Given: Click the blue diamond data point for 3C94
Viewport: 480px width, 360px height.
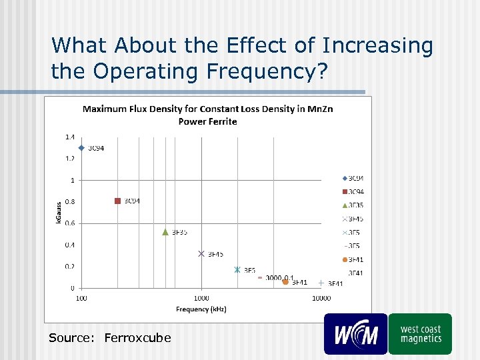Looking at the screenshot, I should coord(81,148).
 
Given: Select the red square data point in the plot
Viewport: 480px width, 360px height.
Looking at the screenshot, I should coord(117,201).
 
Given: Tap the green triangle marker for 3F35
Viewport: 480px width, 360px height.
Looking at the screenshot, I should coord(165,231).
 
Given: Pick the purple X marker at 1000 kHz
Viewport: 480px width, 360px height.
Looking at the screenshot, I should coord(201,253).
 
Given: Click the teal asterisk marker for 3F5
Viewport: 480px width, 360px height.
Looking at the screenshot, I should coord(237,269).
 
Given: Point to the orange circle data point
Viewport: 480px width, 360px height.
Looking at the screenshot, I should coord(285,282).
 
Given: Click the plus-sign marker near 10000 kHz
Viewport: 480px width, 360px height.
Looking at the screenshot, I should coord(321,283).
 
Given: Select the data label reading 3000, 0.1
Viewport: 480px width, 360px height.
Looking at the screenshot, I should coord(279,277).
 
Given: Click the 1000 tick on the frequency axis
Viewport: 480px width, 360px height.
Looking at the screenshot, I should coord(201,298).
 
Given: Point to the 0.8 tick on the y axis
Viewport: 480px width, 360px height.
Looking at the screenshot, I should coord(69,201).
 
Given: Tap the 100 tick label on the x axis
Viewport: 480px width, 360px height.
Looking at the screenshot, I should coord(81,298).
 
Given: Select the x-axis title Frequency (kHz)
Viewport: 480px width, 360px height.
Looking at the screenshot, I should coord(201,309).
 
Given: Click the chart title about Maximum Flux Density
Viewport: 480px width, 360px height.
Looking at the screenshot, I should coord(207,115).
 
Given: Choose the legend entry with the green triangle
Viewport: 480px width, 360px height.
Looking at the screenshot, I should coord(353,205).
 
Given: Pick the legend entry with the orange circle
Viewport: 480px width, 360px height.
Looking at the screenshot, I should coord(353,259).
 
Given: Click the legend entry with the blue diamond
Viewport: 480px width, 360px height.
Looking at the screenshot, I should coord(353,178).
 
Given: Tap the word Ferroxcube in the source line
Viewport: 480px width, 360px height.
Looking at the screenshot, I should coord(137,338).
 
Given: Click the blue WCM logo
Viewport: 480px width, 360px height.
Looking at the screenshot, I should coord(355,334).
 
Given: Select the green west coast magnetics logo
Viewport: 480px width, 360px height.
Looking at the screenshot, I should coord(420,334).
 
